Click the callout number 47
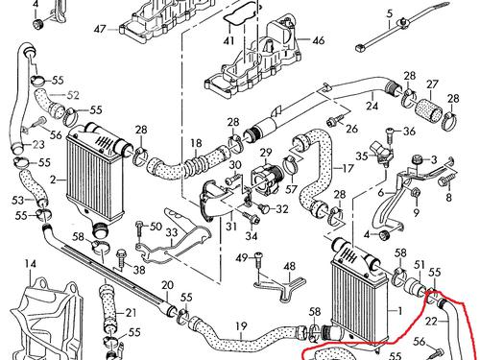click(100, 29)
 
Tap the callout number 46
click(319, 40)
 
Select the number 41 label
click(228, 40)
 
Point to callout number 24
click(372, 106)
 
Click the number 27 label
click(432, 84)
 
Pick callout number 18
click(196, 143)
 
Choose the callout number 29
click(266, 153)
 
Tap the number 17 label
click(348, 168)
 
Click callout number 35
click(362, 156)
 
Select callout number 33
click(172, 232)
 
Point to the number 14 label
click(31, 264)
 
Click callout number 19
click(242, 326)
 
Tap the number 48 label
click(290, 267)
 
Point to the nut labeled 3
click(417, 158)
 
